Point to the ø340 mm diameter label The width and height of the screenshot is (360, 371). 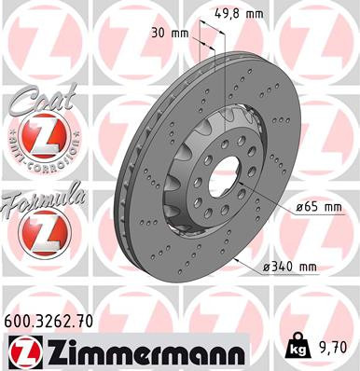click(x=290, y=267)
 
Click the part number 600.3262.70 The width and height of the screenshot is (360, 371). click(x=49, y=323)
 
